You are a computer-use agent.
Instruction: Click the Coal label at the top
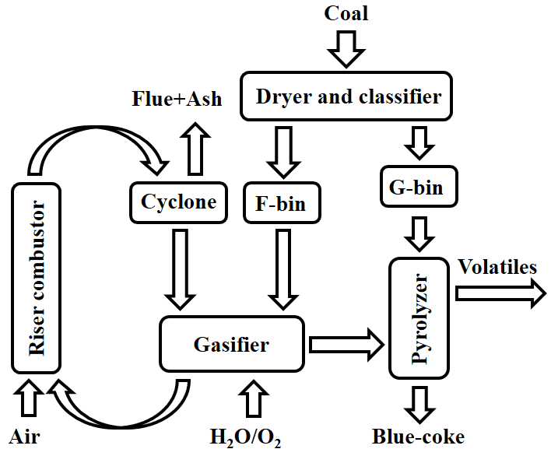(346, 13)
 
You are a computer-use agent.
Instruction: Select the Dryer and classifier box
(347, 96)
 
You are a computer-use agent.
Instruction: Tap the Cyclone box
(178, 202)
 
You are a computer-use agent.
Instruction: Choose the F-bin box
(280, 205)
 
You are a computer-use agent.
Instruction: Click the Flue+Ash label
(176, 98)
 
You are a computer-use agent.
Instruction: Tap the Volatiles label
(497, 267)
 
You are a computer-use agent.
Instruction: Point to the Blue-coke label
(418, 437)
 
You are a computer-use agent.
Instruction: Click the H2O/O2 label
(246, 437)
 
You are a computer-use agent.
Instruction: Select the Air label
(25, 437)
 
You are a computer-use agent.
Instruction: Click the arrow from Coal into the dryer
(346, 49)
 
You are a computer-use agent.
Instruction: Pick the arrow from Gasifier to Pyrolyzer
(347, 343)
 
